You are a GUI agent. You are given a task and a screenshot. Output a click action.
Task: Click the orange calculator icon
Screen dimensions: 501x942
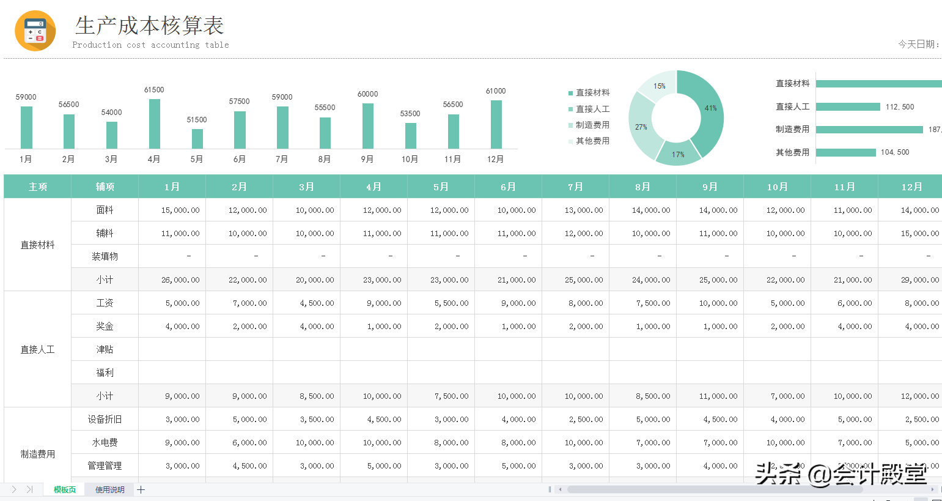click(x=35, y=31)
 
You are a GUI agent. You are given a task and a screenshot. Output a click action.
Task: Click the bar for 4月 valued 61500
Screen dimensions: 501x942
click(x=154, y=124)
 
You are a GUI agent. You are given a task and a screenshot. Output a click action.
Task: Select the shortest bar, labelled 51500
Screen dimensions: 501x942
click(x=197, y=139)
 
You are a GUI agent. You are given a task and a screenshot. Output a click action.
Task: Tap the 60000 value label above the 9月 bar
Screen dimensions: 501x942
click(x=367, y=94)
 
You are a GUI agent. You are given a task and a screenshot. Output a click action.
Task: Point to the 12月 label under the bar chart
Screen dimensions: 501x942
click(x=495, y=159)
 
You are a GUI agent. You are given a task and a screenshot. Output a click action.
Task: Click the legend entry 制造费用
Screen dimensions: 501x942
click(x=592, y=125)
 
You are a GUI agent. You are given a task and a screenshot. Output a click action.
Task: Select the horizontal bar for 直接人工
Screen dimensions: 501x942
click(x=847, y=107)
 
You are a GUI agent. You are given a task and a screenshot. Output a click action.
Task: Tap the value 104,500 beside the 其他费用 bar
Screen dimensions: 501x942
click(x=895, y=152)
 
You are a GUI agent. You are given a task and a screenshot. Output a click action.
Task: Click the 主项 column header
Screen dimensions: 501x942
click(x=37, y=187)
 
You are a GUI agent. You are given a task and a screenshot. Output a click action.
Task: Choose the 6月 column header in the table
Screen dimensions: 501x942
click(x=508, y=187)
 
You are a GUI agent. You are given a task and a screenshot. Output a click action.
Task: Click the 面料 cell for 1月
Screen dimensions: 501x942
click(x=180, y=210)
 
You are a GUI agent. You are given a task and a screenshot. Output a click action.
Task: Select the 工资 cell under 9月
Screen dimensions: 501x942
click(x=718, y=303)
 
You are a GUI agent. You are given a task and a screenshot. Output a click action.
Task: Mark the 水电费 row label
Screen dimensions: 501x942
click(x=105, y=442)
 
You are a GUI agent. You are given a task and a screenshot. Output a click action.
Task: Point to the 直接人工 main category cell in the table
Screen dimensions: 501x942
click(x=37, y=349)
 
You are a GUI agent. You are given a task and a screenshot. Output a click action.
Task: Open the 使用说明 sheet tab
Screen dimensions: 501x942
click(x=110, y=489)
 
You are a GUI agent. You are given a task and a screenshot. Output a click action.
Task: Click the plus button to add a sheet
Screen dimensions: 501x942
click(x=141, y=489)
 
